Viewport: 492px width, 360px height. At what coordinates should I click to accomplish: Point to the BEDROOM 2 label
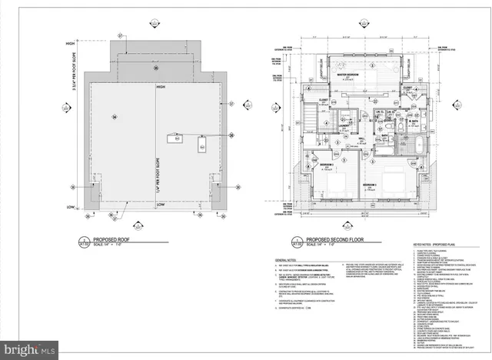tap(326, 165)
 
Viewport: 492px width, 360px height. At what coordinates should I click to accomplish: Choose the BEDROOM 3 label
tap(370, 185)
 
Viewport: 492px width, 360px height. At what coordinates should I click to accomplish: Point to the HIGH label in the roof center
tap(161, 88)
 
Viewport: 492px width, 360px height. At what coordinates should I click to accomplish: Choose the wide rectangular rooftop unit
tap(176, 138)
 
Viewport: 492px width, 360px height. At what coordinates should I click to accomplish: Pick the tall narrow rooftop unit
tap(201, 145)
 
